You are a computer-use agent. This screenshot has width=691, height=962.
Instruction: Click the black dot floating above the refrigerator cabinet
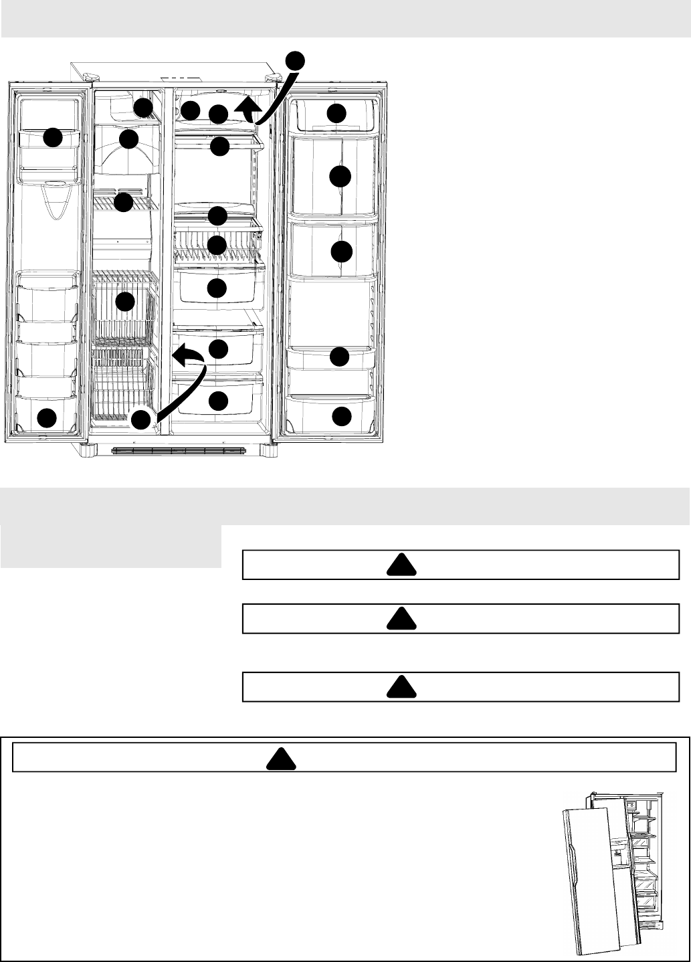(x=295, y=60)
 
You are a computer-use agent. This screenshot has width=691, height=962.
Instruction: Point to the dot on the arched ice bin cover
(x=128, y=139)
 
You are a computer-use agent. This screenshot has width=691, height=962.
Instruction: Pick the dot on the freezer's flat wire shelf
(x=124, y=202)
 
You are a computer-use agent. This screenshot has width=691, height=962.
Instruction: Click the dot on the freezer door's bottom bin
(x=46, y=419)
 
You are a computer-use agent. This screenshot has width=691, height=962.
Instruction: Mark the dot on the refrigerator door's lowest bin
(x=342, y=416)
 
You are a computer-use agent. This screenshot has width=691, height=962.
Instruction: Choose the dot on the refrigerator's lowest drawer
(x=217, y=401)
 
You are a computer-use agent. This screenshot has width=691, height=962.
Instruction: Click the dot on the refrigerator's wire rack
(x=217, y=245)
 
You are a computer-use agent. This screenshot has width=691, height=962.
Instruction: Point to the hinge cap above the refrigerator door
(x=272, y=78)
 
